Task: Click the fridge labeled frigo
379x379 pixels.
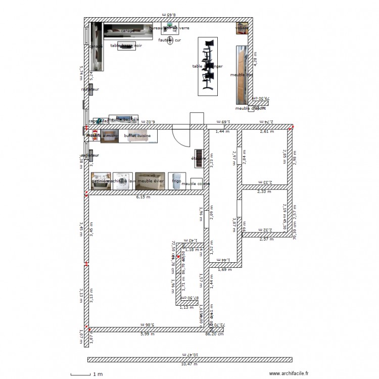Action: point(174,180)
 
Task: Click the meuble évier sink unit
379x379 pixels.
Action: point(150,181)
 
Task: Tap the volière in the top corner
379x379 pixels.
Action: point(242,28)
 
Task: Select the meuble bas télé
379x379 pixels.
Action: point(123,119)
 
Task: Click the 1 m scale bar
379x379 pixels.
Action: point(81,374)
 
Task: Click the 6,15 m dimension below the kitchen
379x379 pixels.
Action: point(144,198)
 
